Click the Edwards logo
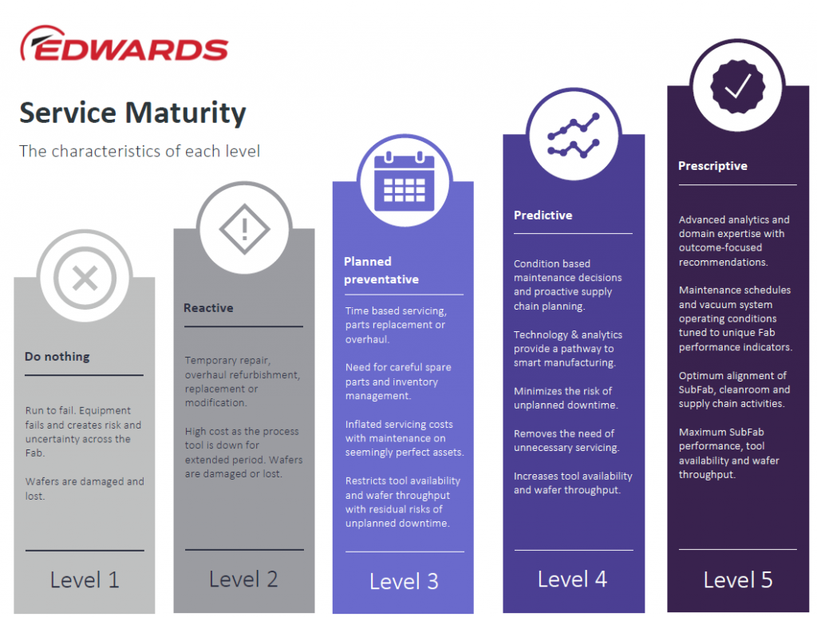click(124, 44)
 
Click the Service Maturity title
click(133, 113)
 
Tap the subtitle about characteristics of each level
click(140, 151)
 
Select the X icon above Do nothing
click(85, 277)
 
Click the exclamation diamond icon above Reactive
click(244, 229)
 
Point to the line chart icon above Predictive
click(573, 136)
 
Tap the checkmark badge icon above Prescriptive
click(738, 86)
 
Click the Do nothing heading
click(57, 357)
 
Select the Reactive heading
click(208, 308)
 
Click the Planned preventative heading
click(381, 271)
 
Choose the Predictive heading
click(543, 216)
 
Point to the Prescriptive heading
click(712, 166)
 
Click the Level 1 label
click(85, 580)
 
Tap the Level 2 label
click(243, 579)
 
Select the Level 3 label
click(404, 581)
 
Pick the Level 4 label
click(572, 579)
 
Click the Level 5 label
click(738, 579)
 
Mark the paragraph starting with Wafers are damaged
click(85, 488)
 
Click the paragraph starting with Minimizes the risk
click(566, 398)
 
